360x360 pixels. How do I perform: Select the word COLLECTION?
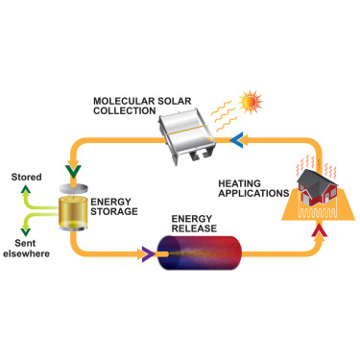click(124, 111)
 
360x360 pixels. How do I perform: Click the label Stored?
click(25, 178)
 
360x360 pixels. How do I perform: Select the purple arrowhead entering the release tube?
click(147, 254)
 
